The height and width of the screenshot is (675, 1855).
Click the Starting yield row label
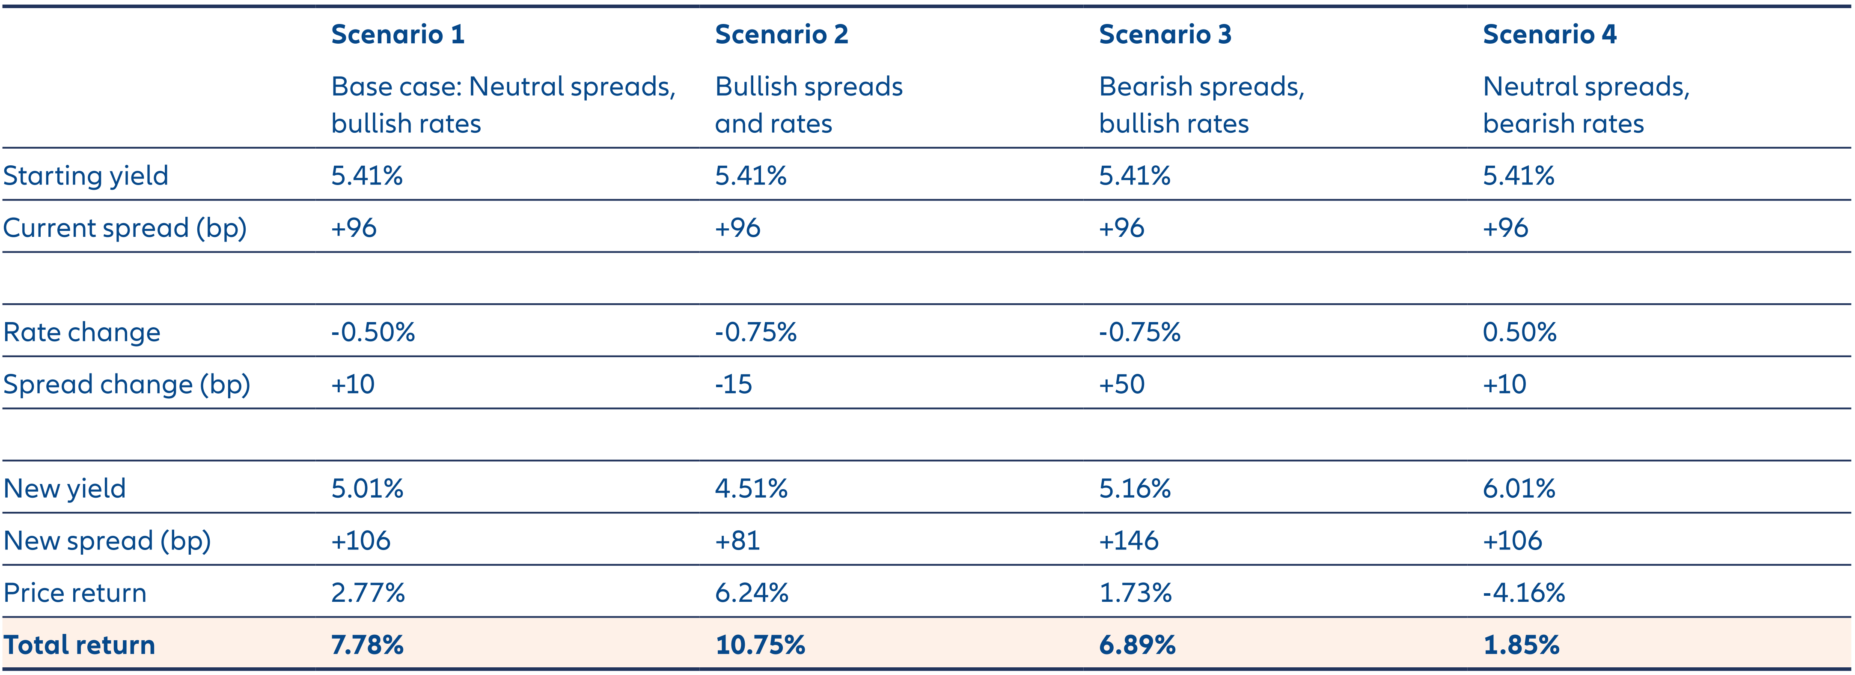[86, 176]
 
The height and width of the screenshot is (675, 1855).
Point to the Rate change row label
[81, 332]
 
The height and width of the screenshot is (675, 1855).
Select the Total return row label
[79, 645]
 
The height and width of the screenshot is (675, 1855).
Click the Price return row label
[75, 593]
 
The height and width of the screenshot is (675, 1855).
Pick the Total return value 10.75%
[760, 645]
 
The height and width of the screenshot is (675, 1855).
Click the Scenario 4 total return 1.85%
[1521, 645]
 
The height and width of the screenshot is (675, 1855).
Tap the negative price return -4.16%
[1523, 593]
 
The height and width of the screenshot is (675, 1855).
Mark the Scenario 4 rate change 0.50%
[1519, 332]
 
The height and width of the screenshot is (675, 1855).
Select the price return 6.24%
[751, 593]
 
